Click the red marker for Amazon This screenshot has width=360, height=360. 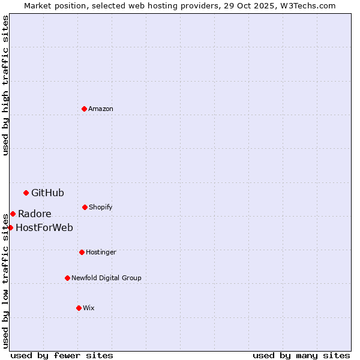(84, 109)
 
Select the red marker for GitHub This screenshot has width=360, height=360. (26, 193)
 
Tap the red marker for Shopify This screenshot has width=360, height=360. (85, 207)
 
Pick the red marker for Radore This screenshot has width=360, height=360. (13, 214)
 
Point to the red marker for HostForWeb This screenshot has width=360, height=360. (10, 227)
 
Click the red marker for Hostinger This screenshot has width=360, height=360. (82, 252)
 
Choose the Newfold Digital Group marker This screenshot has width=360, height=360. (67, 278)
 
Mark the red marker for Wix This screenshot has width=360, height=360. (79, 308)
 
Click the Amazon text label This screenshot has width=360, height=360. (101, 109)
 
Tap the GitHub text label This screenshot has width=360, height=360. (47, 193)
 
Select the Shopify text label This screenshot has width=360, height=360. (101, 207)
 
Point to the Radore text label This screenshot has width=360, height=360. (34, 214)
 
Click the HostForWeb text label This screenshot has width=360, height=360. (44, 227)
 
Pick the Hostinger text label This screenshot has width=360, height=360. (101, 252)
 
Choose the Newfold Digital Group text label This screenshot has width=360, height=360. (106, 278)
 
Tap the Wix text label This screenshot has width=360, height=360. (89, 308)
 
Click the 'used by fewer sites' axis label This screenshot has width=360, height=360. (62, 355)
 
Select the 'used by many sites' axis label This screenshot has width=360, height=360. (301, 355)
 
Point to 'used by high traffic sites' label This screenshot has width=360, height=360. (5, 85)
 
